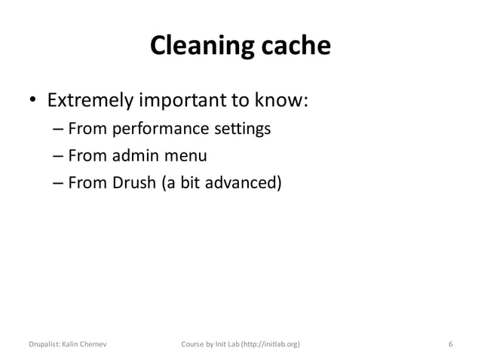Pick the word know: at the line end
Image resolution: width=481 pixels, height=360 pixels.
pyautogui.click(x=282, y=101)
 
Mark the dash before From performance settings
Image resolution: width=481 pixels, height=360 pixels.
pyautogui.click(x=58, y=131)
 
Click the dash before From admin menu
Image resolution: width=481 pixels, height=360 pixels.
pyautogui.click(x=58, y=157)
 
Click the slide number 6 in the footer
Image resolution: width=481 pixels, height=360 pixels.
pyautogui.click(x=450, y=344)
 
